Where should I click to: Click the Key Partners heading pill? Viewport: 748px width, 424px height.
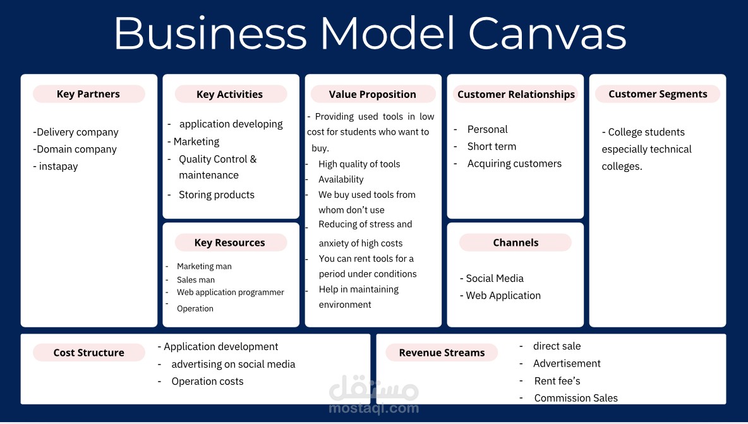click(x=88, y=94)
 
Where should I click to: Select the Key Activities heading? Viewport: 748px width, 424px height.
click(x=231, y=94)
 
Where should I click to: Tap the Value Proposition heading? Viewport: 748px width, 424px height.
click(x=373, y=94)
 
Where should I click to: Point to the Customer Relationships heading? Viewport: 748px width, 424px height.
click(x=516, y=94)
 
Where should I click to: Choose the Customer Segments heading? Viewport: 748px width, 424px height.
click(x=658, y=94)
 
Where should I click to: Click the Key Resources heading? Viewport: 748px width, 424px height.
click(x=231, y=242)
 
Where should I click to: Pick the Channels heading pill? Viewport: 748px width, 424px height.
click(x=516, y=242)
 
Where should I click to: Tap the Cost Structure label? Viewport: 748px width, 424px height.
click(x=88, y=353)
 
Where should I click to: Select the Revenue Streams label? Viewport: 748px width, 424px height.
click(x=442, y=353)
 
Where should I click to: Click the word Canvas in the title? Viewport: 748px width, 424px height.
click(x=547, y=33)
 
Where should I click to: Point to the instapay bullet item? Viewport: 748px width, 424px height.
click(x=56, y=166)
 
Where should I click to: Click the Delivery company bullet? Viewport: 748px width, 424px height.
click(x=76, y=132)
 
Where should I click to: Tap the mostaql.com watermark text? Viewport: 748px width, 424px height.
click(x=374, y=408)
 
